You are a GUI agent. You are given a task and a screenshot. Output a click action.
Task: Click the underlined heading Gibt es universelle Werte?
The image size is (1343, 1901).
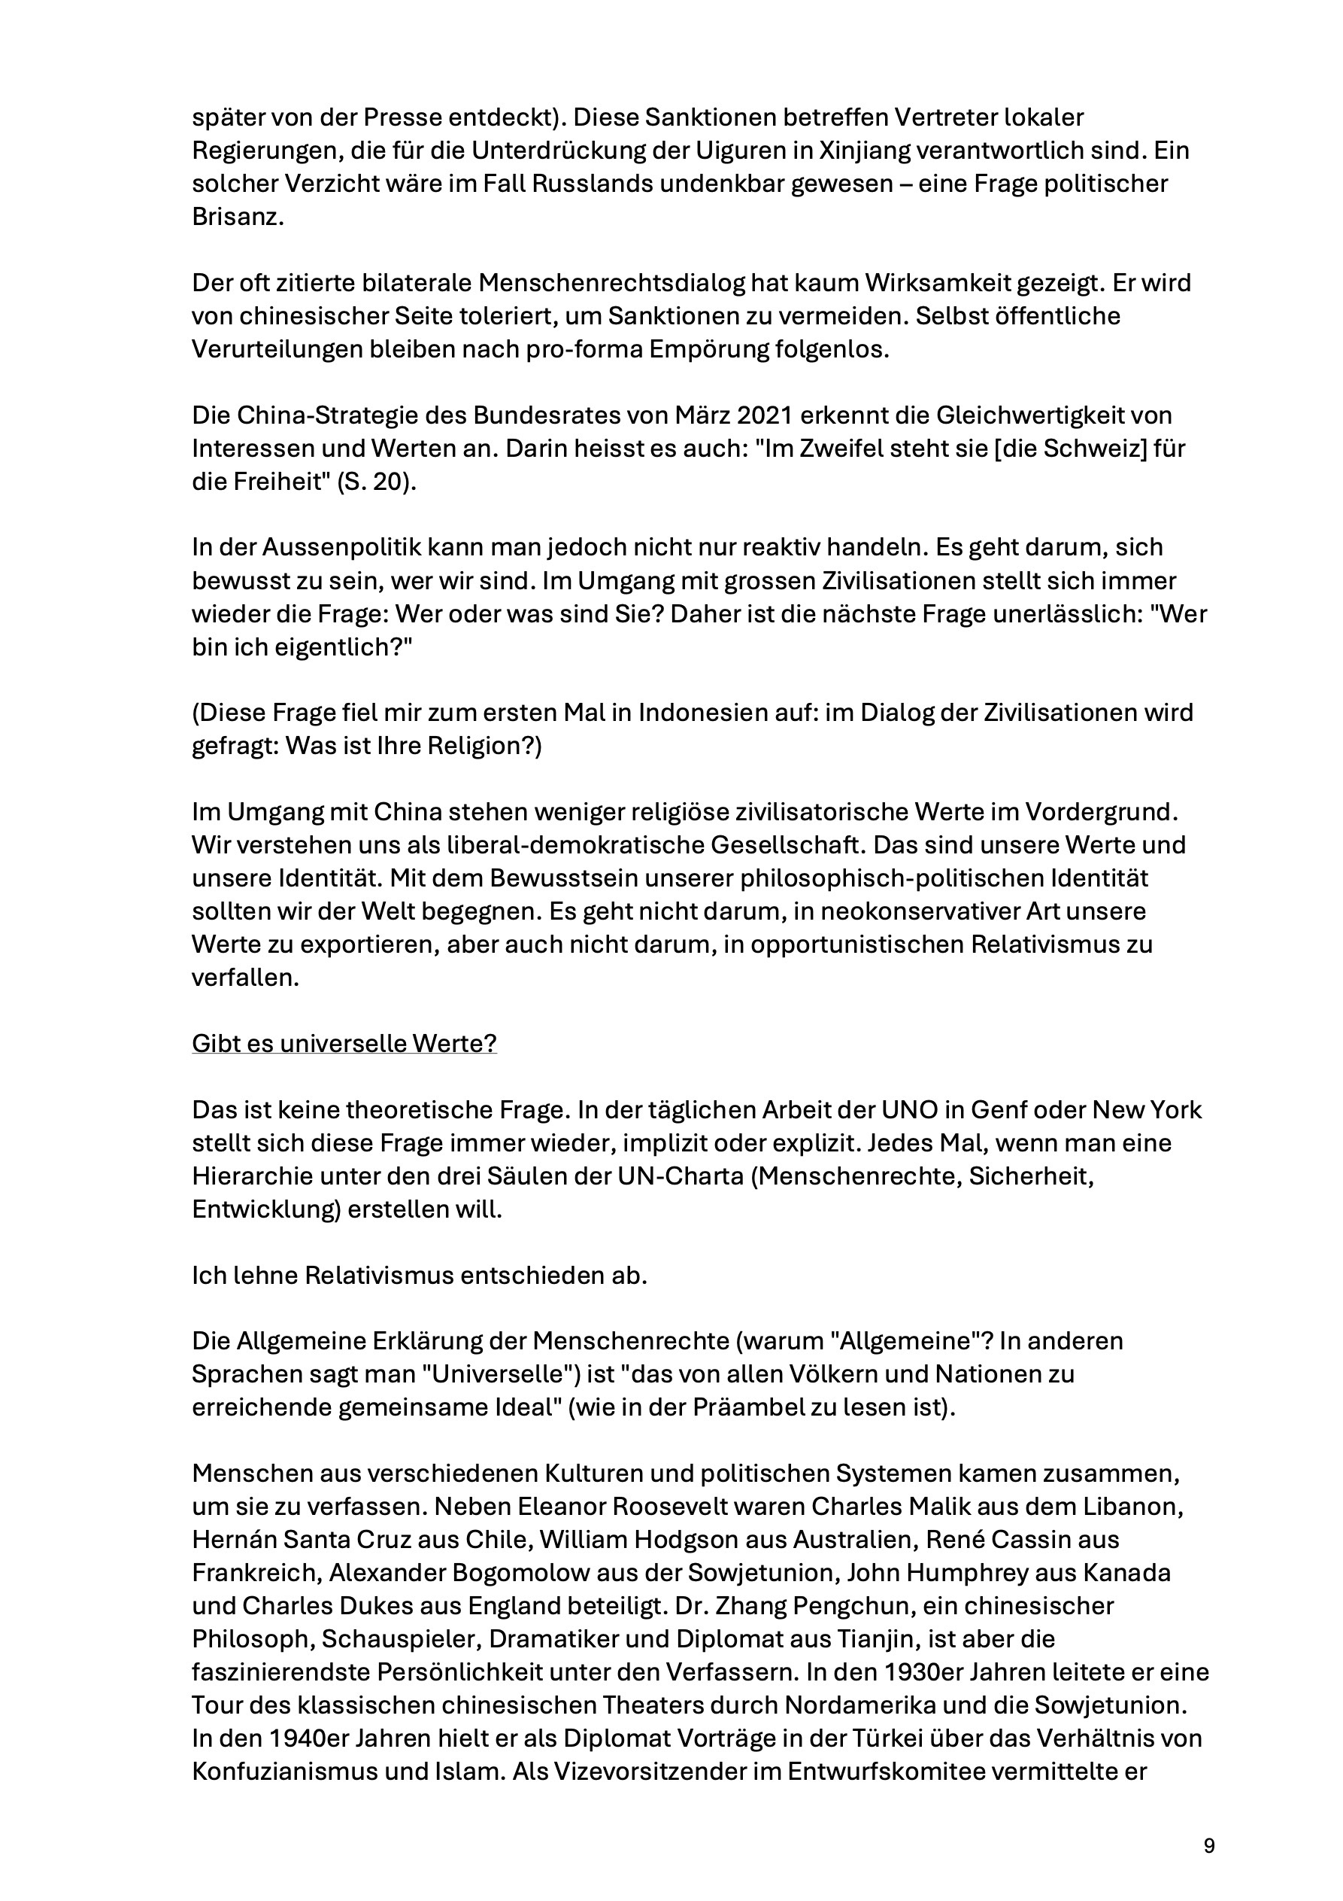click(344, 1043)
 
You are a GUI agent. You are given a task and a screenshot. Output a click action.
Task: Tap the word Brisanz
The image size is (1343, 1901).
click(238, 217)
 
